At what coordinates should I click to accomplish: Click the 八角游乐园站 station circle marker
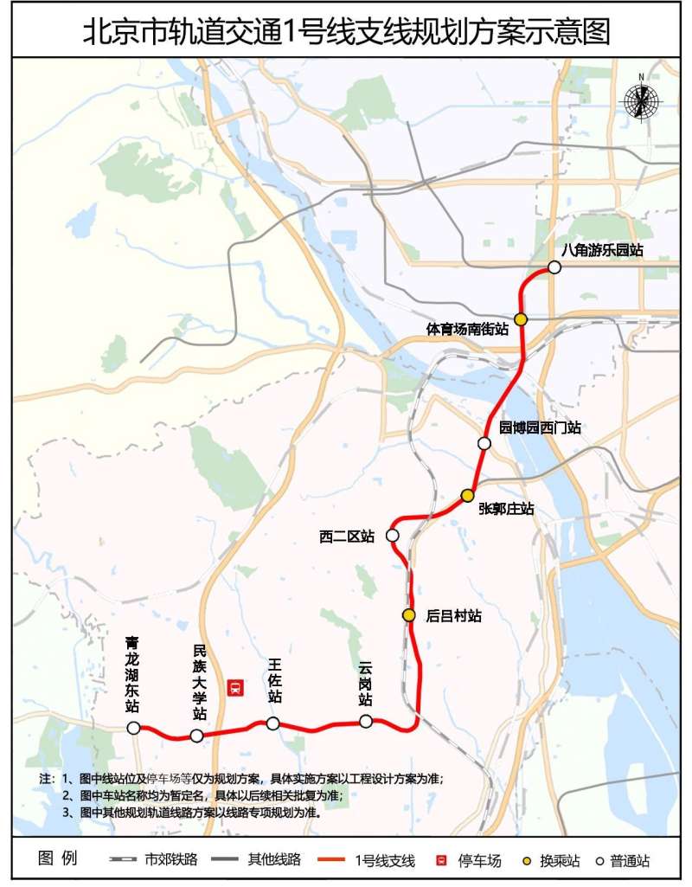tap(554, 267)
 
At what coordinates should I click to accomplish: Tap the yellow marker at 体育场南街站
tap(521, 319)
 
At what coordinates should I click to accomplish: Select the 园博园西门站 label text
tap(540, 427)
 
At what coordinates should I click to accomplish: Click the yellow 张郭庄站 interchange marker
tap(467, 496)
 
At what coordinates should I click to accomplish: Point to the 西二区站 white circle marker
tap(392, 536)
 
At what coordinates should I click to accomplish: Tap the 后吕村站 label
tap(453, 616)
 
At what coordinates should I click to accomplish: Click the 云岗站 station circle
tap(366, 722)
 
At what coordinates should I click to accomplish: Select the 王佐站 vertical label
tap(275, 680)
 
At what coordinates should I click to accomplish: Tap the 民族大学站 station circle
tap(196, 736)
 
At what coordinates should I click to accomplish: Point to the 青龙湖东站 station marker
tap(134, 729)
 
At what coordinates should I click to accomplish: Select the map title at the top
tap(346, 31)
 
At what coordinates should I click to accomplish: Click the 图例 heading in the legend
tap(58, 859)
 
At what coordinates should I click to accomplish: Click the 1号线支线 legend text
tap(385, 860)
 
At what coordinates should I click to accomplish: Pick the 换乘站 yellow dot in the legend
tap(527, 860)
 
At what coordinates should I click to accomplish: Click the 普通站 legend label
tap(629, 860)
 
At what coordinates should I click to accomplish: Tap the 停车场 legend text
tap(479, 860)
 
